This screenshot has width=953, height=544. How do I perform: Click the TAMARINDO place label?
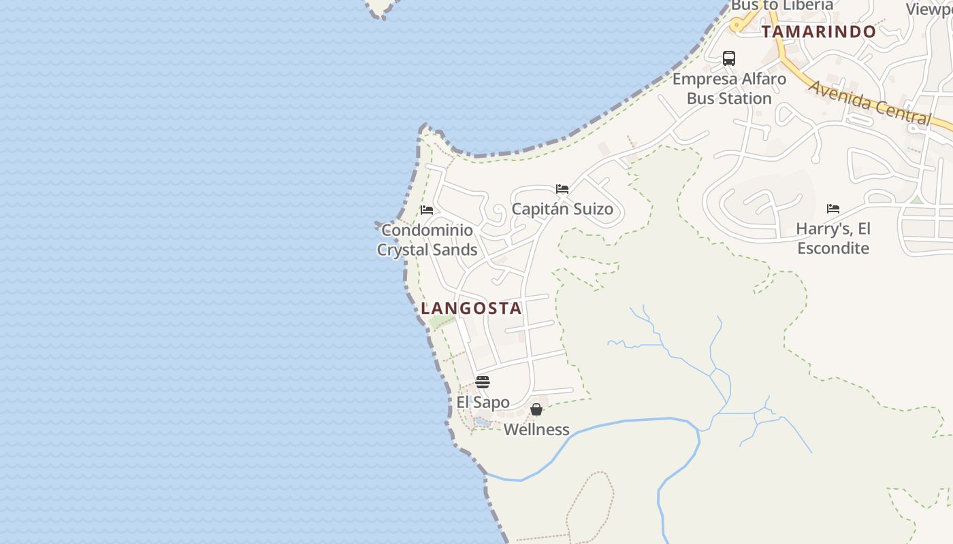click(x=818, y=32)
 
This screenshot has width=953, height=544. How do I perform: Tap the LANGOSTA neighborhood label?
click(x=471, y=308)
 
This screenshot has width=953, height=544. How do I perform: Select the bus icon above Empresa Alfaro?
click(x=729, y=58)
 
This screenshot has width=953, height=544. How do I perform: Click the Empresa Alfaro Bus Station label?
click(x=729, y=88)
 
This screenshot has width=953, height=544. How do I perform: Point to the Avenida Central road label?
click(x=870, y=103)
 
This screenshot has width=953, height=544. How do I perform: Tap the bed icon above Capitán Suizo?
click(x=562, y=189)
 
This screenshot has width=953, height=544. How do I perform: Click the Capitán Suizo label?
click(x=562, y=209)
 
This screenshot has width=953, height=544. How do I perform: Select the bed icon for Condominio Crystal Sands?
click(x=427, y=210)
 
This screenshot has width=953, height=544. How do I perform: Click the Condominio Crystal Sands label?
click(x=427, y=240)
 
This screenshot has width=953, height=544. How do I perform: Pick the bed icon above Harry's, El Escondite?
click(x=833, y=209)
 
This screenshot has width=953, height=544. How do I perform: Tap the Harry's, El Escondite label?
click(x=833, y=238)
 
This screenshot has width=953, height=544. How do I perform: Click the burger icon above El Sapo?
click(x=483, y=382)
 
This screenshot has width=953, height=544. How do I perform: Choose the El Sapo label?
click(x=483, y=402)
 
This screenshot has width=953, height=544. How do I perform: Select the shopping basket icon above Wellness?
click(x=536, y=409)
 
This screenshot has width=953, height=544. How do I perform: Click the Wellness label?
click(x=536, y=430)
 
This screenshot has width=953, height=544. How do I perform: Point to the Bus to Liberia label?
click(x=781, y=5)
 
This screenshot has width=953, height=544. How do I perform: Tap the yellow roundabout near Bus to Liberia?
click(x=737, y=25)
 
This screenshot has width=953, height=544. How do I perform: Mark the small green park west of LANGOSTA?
click(x=442, y=321)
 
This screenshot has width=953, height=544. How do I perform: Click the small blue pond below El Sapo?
click(x=482, y=422)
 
